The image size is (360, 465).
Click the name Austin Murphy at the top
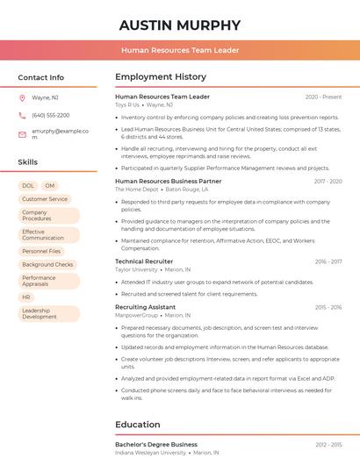pos(179,25)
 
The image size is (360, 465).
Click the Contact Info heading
pos(41,77)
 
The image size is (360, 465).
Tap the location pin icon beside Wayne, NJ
pos(22,98)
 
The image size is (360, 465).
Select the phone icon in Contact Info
pos(22,115)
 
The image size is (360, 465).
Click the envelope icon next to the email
pos(22,133)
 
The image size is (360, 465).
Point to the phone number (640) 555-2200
pos(50,115)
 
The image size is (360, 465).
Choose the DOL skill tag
pos(28,186)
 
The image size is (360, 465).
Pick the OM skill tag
pos(49,186)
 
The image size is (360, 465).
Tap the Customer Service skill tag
pos(45,199)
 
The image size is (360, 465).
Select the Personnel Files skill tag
pos(41,251)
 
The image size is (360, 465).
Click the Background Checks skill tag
pos(47,264)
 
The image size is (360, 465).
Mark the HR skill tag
pos(26,297)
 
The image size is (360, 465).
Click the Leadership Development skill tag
pos(40,313)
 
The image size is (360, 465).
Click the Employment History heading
pos(161,77)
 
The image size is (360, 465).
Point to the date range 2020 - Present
pos(323,97)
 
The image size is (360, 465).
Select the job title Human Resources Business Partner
pos(168,181)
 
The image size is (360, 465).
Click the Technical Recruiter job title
pos(144,261)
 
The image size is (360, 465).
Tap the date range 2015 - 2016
pos(328,307)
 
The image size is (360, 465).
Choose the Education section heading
pos(138,425)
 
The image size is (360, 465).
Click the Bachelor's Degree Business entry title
pos(156,445)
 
